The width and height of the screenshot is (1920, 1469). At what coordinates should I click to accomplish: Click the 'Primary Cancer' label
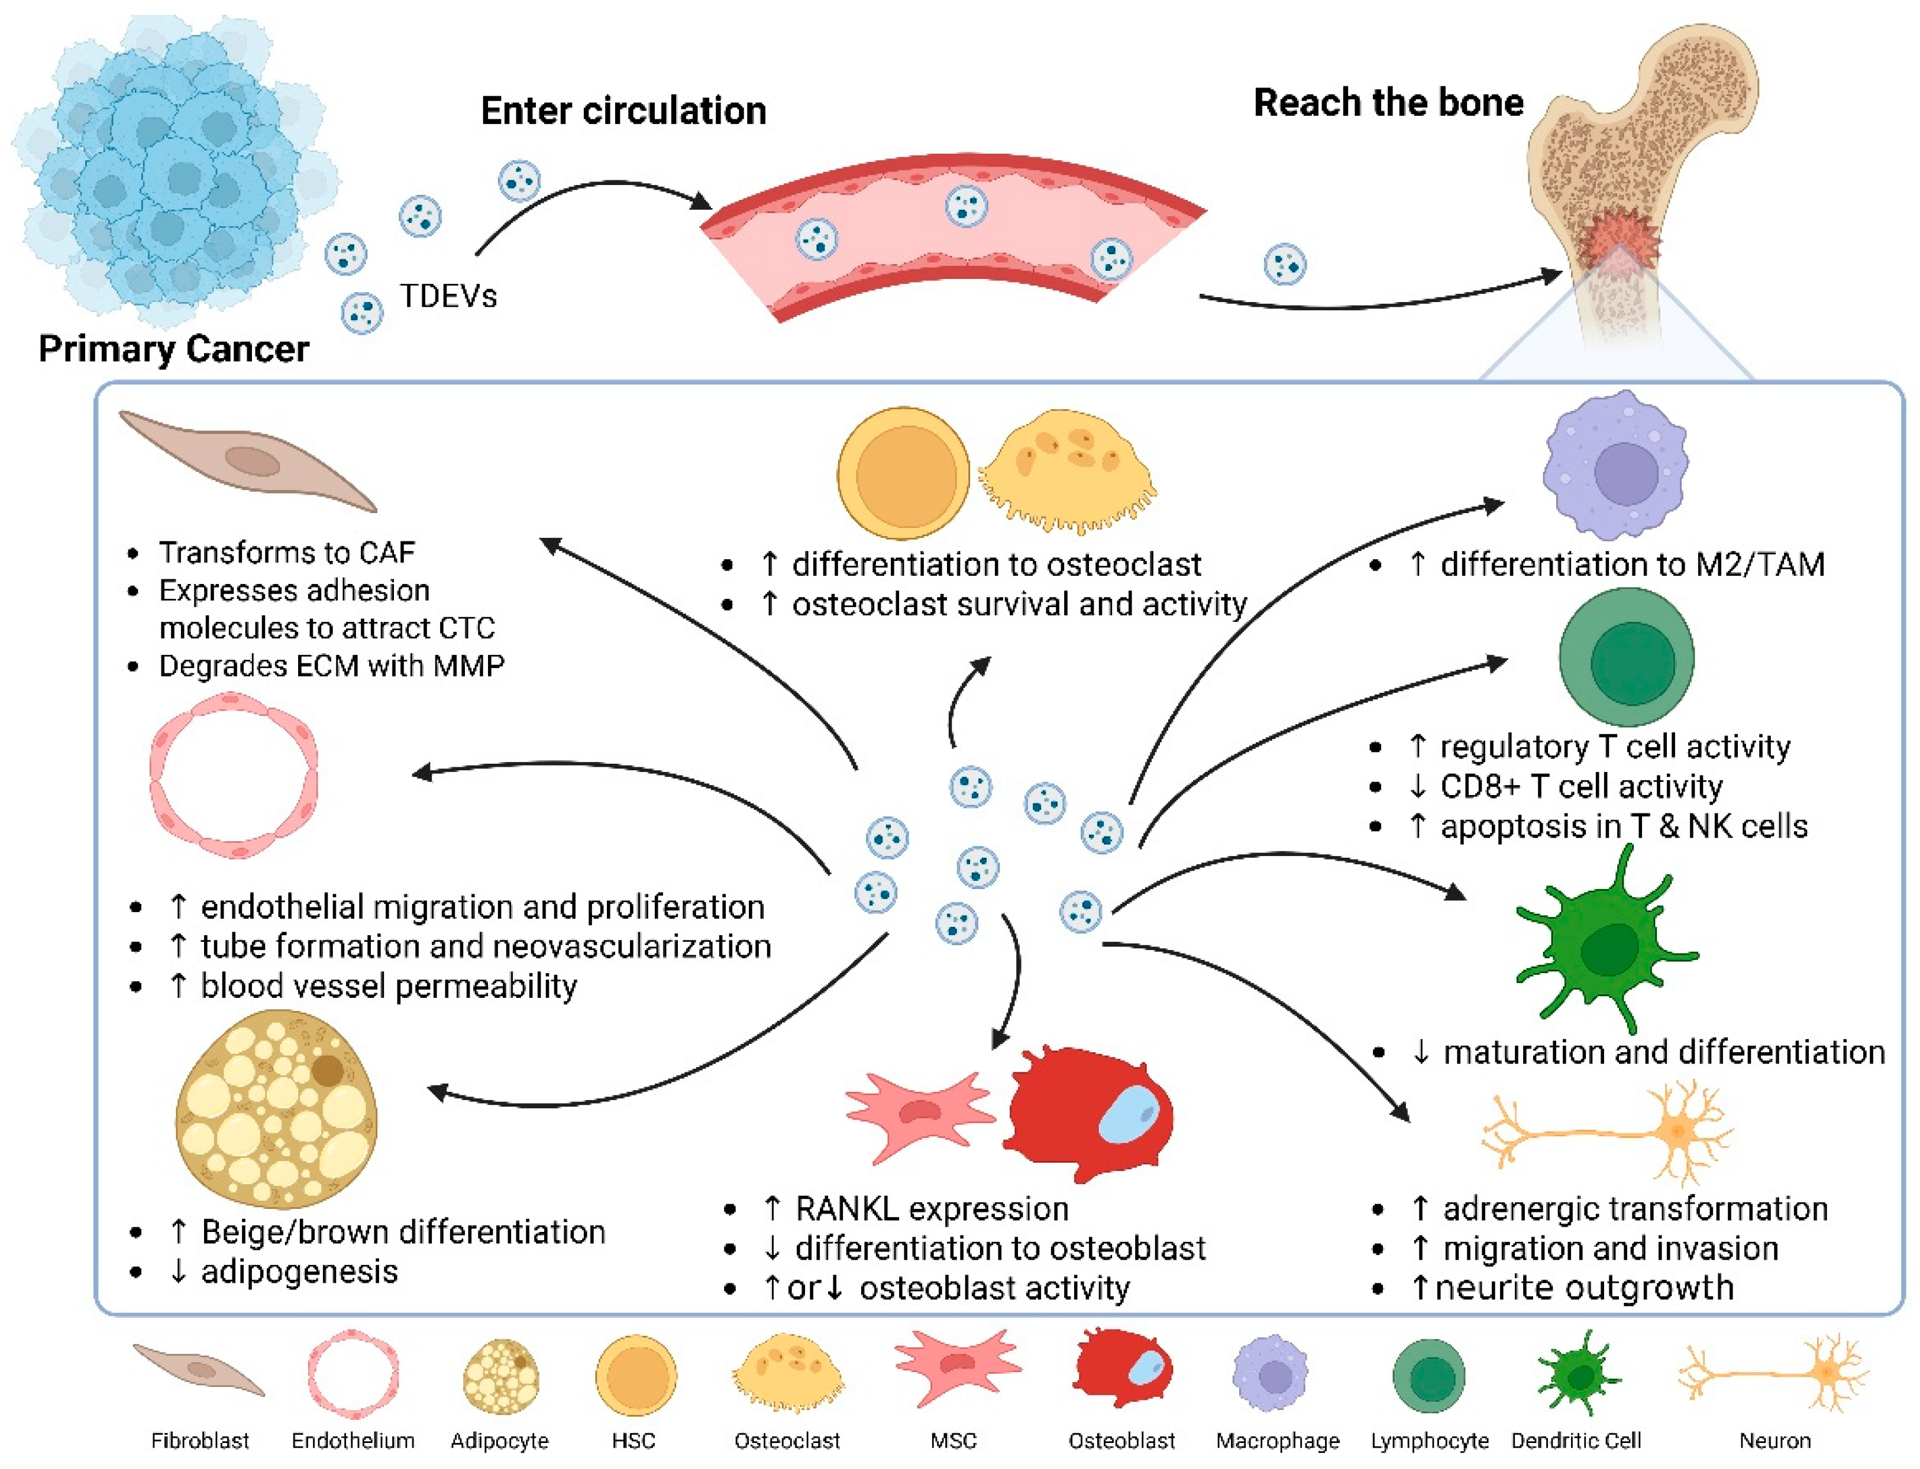coord(173,349)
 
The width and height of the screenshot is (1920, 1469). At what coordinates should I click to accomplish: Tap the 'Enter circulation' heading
coord(623,111)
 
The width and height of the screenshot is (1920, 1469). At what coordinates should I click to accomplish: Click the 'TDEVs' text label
coord(448,296)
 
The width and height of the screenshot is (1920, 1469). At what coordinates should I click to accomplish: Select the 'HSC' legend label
coord(633,1439)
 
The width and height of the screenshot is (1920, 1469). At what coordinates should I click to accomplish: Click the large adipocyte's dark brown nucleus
coord(327,1069)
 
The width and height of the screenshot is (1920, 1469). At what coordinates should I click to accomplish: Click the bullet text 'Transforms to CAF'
coord(286,553)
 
